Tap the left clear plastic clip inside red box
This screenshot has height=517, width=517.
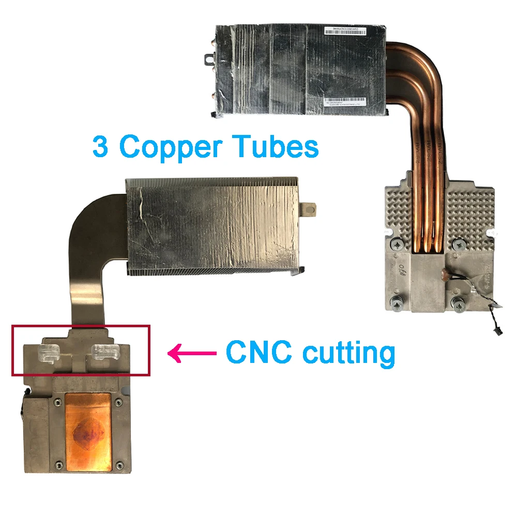click(x=49, y=352)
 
